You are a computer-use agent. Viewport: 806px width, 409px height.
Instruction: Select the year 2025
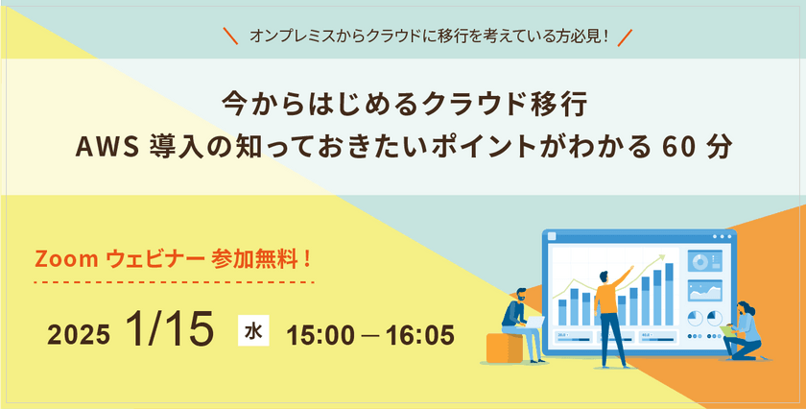click(79, 335)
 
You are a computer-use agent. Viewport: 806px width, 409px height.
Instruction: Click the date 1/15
click(169, 329)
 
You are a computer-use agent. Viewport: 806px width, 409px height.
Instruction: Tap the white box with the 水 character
click(253, 332)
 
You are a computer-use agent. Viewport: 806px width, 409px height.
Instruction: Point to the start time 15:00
click(320, 335)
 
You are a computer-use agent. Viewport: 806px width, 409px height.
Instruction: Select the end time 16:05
click(420, 335)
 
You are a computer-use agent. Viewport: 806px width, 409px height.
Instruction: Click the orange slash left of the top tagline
click(231, 36)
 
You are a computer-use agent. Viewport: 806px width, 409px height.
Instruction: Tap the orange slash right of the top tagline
click(625, 37)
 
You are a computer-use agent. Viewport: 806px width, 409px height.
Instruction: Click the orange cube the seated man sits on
click(505, 348)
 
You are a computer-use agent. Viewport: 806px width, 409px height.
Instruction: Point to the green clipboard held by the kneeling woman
click(727, 329)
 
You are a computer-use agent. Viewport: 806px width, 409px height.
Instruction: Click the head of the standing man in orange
click(604, 277)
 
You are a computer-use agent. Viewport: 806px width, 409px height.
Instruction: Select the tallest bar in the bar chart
click(670, 294)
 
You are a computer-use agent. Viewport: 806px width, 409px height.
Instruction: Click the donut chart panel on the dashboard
click(704, 261)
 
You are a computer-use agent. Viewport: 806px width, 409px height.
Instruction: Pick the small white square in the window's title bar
click(552, 236)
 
